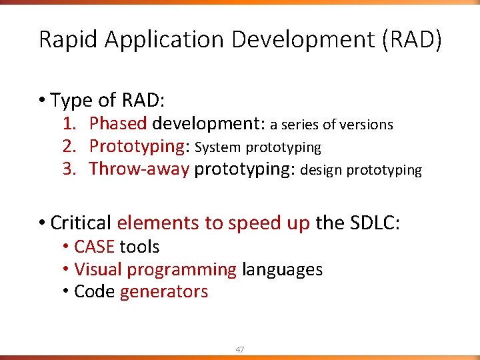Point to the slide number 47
click(x=239, y=349)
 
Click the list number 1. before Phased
click(x=71, y=124)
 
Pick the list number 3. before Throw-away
click(x=71, y=169)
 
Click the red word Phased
click(x=118, y=124)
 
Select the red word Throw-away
click(x=139, y=169)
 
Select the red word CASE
click(x=94, y=247)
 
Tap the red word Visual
click(x=97, y=269)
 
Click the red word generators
click(x=163, y=292)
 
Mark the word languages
click(x=282, y=269)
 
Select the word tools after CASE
click(x=139, y=247)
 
